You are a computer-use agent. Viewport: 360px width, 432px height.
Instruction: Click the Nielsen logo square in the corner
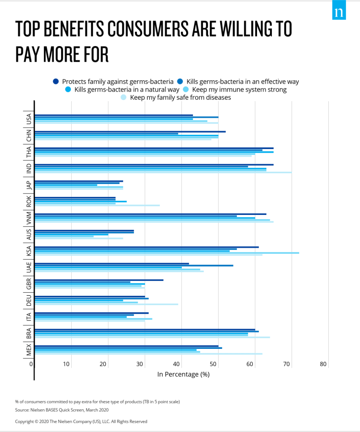point(339,13)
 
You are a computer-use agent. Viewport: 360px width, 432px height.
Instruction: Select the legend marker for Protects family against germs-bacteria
point(56,82)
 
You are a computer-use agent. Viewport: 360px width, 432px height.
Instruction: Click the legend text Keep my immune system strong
point(239,90)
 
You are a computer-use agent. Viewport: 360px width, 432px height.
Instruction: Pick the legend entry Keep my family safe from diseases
point(180,98)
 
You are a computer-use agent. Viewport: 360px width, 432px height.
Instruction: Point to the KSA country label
point(29,251)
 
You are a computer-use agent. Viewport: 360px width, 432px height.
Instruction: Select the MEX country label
point(29,350)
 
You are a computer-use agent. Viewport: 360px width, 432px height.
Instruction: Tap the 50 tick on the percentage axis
point(217,364)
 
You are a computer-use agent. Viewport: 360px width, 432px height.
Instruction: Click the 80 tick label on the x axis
point(324,364)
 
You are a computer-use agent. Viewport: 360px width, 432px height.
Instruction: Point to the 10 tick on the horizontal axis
point(67,364)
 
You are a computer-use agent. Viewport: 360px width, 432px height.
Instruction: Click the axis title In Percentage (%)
point(183,374)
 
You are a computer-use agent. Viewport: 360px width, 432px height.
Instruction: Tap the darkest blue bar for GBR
point(99,280)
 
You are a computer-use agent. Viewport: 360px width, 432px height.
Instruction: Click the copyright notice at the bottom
point(81,421)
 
